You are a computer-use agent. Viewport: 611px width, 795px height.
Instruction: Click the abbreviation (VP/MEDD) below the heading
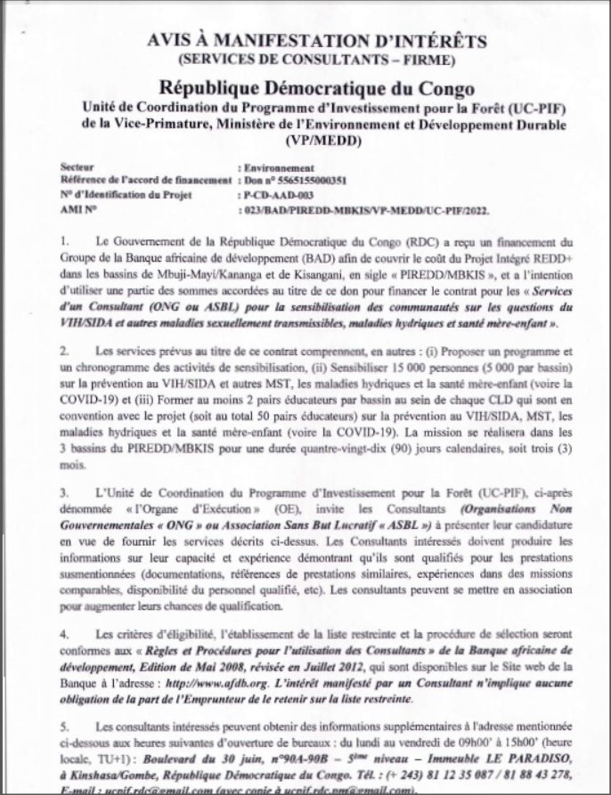pos(316,141)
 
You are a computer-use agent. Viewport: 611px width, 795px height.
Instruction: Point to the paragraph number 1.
pos(64,241)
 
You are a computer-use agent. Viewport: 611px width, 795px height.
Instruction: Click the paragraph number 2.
pos(64,352)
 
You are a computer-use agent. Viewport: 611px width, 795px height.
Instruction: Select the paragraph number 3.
pos(64,491)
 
